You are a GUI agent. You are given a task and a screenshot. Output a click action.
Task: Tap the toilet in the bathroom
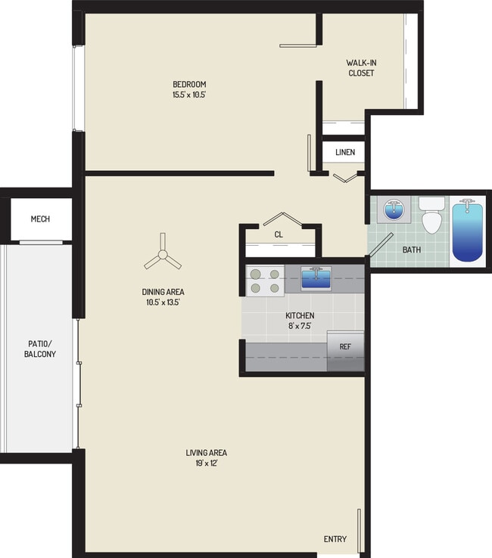[x=431, y=216]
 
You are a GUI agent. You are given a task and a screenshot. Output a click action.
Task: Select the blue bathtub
[x=467, y=231]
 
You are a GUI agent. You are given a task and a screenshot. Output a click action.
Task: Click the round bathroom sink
[x=393, y=209]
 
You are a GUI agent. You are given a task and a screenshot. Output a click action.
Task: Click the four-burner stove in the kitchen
[x=264, y=281]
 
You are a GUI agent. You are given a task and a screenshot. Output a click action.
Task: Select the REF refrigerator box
[x=345, y=347]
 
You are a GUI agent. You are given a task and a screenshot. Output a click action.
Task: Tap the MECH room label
[x=40, y=219]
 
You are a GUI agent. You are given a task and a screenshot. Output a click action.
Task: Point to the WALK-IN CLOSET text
[x=360, y=68]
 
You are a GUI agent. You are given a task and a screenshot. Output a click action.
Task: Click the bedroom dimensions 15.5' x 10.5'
[x=189, y=95]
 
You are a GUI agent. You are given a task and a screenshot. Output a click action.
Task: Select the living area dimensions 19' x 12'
[x=207, y=463]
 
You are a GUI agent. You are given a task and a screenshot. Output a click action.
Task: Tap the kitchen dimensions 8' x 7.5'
[x=300, y=327]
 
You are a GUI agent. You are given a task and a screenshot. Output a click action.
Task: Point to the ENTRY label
[x=335, y=539]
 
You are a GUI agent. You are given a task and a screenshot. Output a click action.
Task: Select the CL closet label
[x=279, y=235]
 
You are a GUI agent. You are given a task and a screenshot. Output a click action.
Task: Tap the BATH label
[x=412, y=249]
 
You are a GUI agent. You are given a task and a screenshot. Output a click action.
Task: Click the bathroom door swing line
[x=380, y=246]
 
